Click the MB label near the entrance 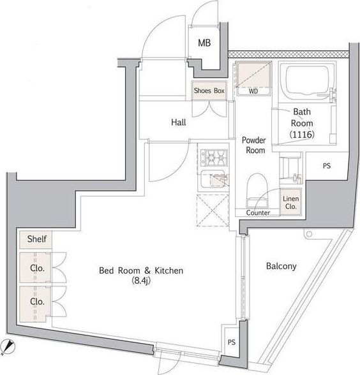click(204, 43)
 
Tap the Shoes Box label click(209, 91)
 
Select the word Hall click(179, 122)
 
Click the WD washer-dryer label click(253, 91)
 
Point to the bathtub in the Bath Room click(308, 80)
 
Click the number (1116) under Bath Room click(302, 135)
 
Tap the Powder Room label click(255, 145)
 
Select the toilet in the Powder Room click(257, 190)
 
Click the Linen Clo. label click(291, 202)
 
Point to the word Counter click(258, 212)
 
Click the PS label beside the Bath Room click(327, 166)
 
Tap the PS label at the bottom click(232, 342)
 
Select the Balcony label click(281, 266)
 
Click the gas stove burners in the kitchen click(214, 158)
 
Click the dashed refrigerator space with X click(213, 210)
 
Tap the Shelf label click(37, 239)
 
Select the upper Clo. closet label click(37, 268)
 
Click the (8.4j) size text click(141, 281)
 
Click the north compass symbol click(9, 346)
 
